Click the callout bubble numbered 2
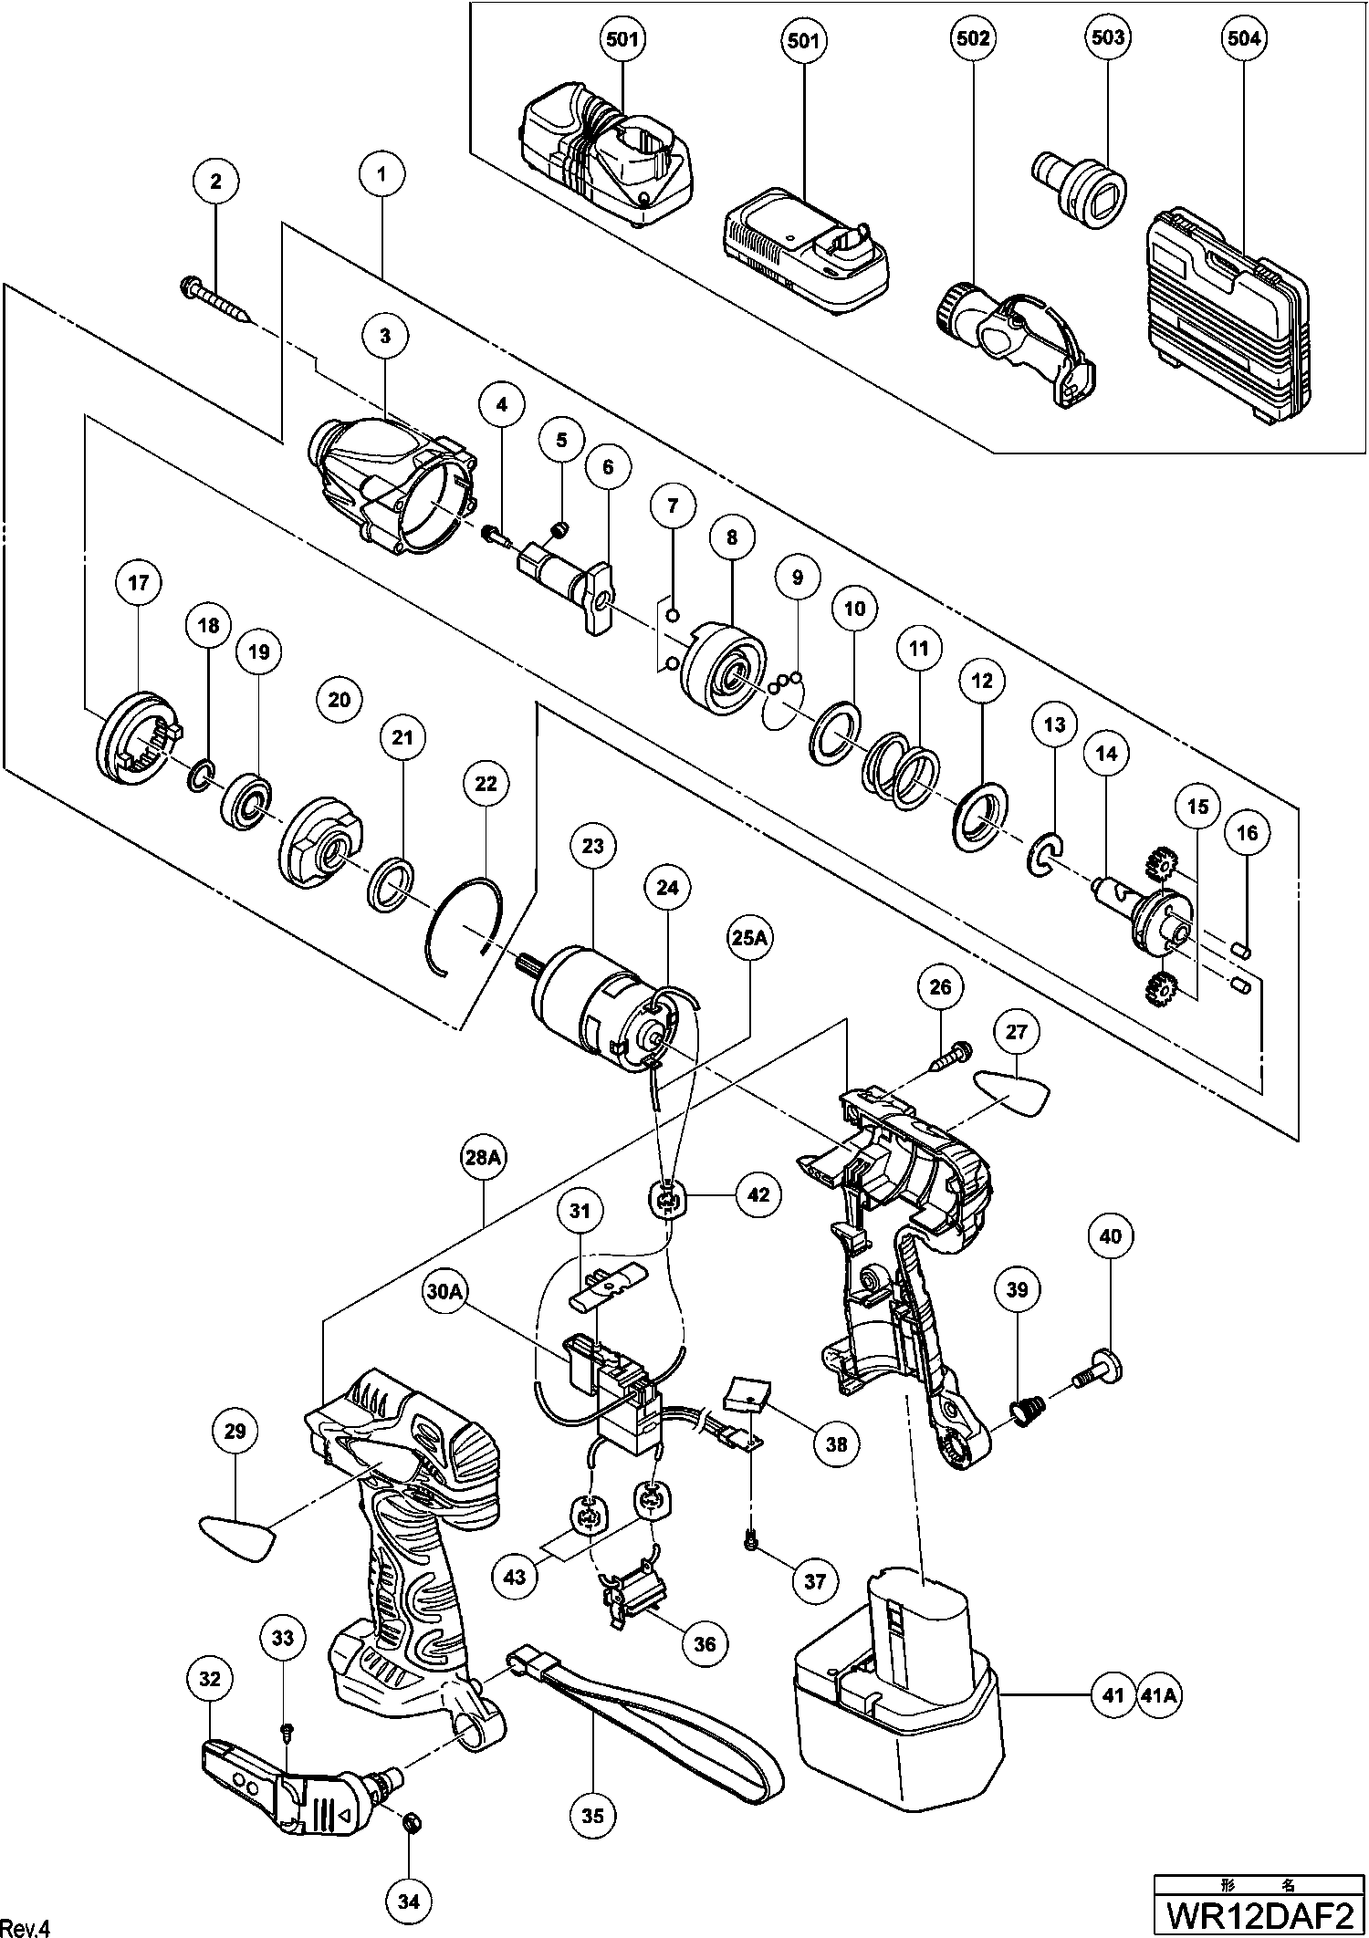[x=215, y=182]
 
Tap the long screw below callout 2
[x=219, y=301]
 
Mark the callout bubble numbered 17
[x=138, y=583]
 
